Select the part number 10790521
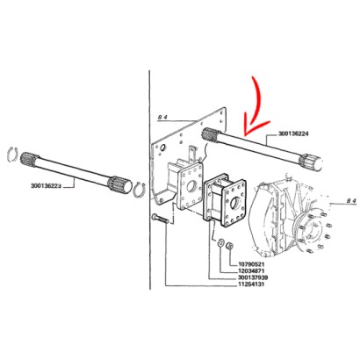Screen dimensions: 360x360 click(x=252, y=262)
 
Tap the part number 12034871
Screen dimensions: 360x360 click(x=252, y=270)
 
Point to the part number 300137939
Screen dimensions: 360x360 click(x=253, y=278)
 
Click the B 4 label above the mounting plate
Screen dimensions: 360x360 click(x=162, y=117)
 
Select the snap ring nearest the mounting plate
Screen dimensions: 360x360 click(x=138, y=188)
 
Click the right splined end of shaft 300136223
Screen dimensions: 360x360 click(x=116, y=184)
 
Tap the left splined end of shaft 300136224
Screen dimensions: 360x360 click(x=210, y=133)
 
